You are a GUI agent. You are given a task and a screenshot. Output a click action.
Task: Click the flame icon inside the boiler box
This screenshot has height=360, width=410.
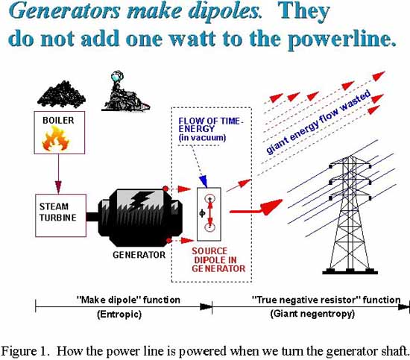55,139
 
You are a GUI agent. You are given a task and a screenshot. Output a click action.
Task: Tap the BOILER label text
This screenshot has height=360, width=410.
58,121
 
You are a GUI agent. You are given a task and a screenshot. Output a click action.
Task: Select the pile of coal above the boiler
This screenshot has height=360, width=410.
61,95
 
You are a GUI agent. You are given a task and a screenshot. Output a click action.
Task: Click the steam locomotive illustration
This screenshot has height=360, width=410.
125,92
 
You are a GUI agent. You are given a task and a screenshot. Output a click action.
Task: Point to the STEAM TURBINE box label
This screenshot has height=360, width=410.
58,212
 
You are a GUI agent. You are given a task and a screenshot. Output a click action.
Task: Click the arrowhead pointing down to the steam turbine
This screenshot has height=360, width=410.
58,186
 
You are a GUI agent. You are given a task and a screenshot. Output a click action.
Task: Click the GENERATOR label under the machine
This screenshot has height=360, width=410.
139,255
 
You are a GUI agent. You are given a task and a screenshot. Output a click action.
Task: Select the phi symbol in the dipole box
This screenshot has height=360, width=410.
202,213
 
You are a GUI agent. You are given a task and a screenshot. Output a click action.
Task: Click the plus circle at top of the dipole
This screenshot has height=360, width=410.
209,199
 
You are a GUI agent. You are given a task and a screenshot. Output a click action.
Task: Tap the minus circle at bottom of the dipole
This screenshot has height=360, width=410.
209,227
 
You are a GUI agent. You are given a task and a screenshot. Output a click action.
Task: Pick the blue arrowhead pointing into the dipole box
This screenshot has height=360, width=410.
204,181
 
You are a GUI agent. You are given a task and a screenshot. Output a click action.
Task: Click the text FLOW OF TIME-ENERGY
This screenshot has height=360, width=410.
210,125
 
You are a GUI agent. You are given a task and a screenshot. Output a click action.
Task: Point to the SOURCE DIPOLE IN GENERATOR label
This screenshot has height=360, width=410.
218,260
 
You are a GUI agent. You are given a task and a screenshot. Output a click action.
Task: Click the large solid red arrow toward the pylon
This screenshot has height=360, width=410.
256,208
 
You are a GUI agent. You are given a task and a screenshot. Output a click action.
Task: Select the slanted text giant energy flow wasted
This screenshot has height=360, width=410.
318,121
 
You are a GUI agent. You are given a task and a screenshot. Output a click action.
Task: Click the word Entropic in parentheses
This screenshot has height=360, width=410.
119,314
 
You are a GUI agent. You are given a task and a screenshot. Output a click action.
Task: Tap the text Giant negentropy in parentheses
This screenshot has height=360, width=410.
312,314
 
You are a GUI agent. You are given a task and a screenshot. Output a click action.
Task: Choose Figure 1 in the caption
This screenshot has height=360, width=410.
25,350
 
